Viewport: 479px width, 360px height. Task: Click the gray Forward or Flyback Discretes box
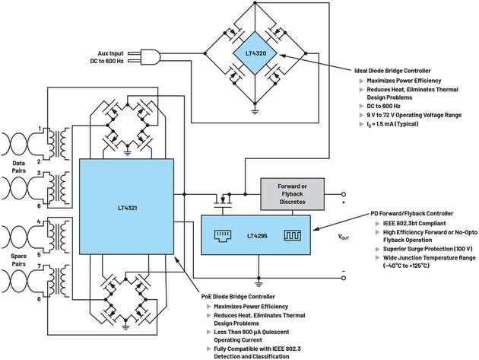[293, 194]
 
